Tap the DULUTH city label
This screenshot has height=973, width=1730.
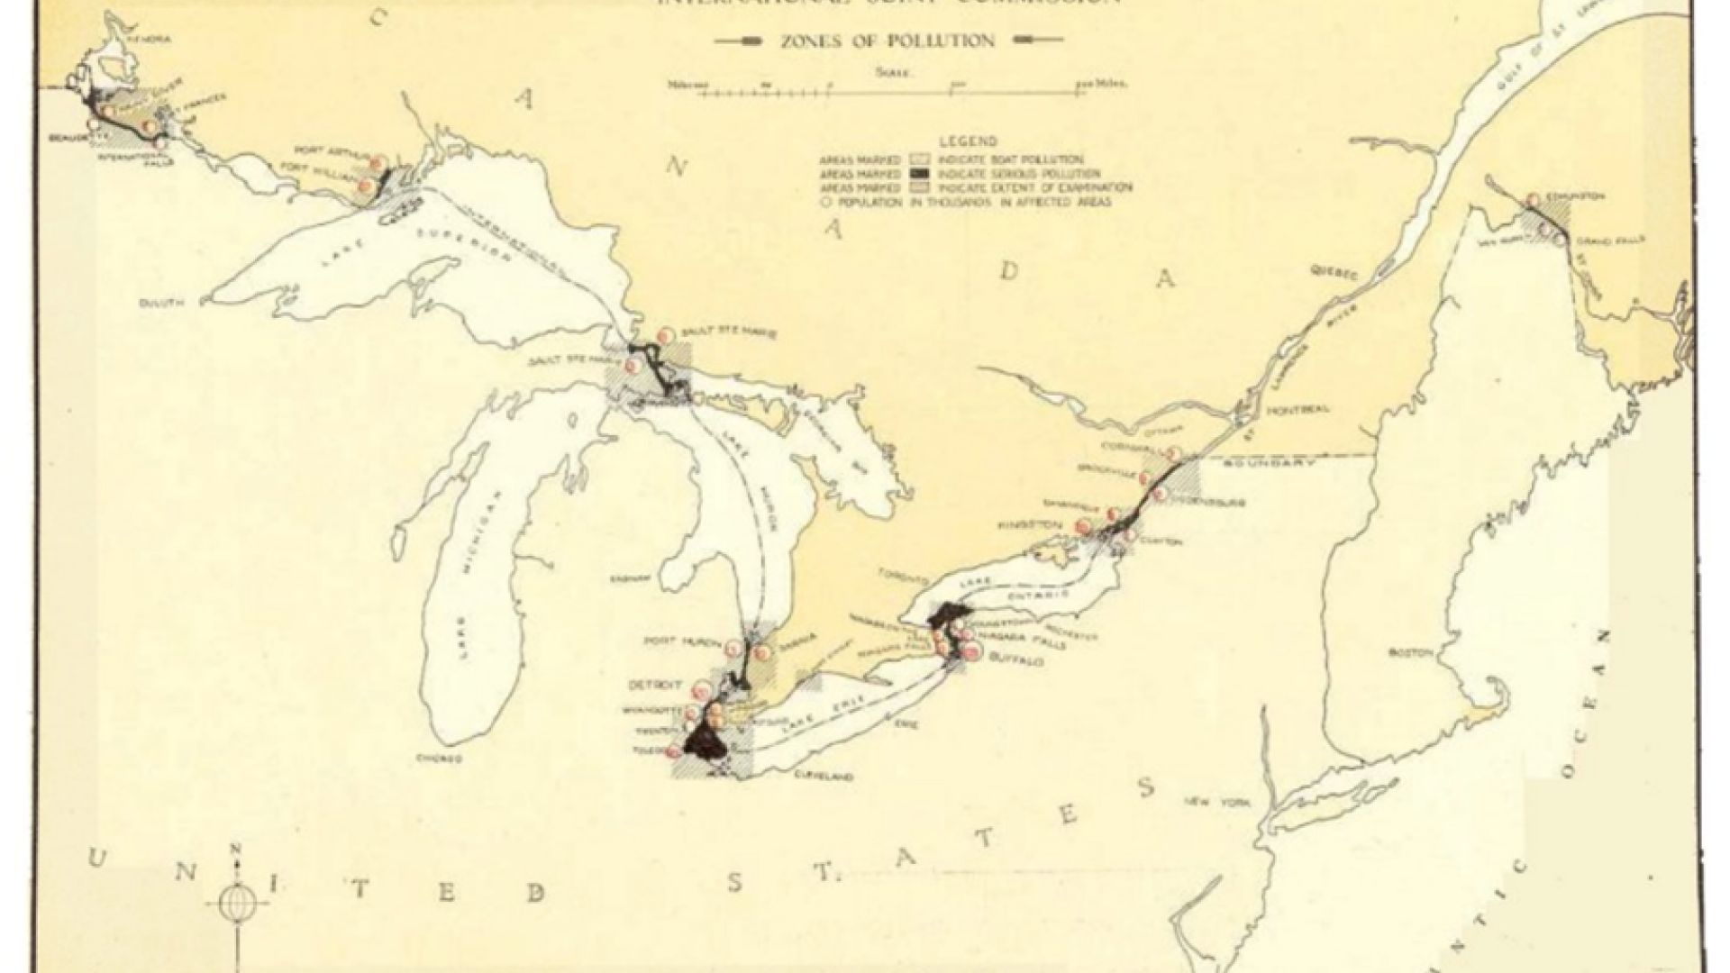click(x=161, y=303)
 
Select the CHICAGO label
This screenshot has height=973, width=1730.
click(x=439, y=759)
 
